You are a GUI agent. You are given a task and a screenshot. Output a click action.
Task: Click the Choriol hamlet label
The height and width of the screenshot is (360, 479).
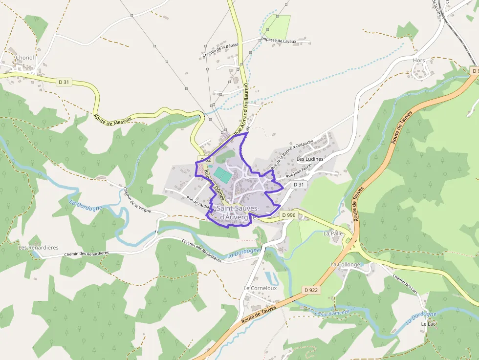pyautogui.click(x=25, y=58)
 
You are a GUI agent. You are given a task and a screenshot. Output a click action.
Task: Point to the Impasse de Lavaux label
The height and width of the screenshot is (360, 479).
pyautogui.click(x=279, y=41)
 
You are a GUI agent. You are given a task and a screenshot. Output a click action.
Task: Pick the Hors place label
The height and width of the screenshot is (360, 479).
pyautogui.click(x=419, y=61)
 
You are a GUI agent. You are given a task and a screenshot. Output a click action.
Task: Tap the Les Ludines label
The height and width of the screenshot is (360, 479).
pyautogui.click(x=310, y=159)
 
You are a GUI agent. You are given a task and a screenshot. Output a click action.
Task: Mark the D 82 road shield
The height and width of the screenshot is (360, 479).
pyautogui.click(x=205, y=159)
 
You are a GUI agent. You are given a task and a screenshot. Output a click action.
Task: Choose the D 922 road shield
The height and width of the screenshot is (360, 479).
pyautogui.click(x=311, y=290)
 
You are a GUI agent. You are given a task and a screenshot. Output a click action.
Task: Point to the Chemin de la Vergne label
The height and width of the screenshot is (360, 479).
pyautogui.click(x=137, y=200)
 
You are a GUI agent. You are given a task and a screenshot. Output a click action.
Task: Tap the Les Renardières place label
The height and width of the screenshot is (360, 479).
pyautogui.click(x=38, y=248)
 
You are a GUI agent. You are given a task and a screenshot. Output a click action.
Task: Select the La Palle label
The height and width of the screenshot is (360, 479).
pyautogui.click(x=333, y=233)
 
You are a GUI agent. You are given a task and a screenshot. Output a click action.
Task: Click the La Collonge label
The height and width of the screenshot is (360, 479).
pyautogui.click(x=345, y=265)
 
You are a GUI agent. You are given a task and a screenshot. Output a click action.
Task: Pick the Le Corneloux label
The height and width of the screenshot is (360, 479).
pyautogui.click(x=260, y=288)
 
